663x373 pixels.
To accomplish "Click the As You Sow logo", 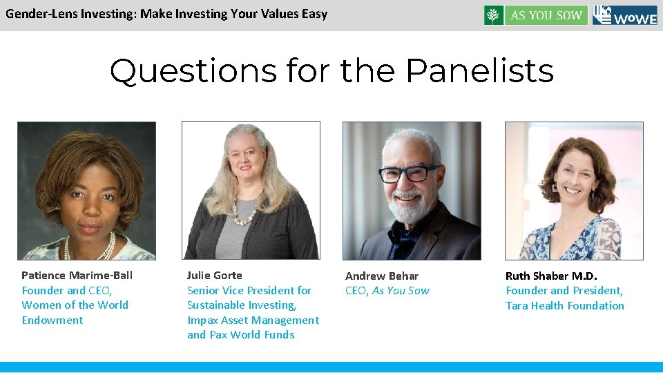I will pos(536,15).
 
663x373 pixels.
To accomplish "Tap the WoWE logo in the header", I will pos(624,15).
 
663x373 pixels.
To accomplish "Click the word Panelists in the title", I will pos(479,70).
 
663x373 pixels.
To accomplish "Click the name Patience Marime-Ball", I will pos(77,276).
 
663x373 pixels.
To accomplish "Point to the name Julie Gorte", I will pos(215,276).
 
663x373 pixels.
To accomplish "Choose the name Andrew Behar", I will pos(382,276).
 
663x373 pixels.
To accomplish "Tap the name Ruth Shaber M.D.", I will pos(551,276).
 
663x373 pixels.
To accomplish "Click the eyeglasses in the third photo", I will pos(407,173).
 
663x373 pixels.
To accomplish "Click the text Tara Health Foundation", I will pos(564,306).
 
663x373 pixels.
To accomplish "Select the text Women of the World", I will pos(75,305).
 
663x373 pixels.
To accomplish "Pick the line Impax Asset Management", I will pos(253,321).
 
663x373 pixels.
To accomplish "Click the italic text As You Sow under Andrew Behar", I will pos(401,291).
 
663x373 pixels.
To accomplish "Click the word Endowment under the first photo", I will pos(52,321).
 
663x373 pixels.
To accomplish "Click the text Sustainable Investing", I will pos(241,305).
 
